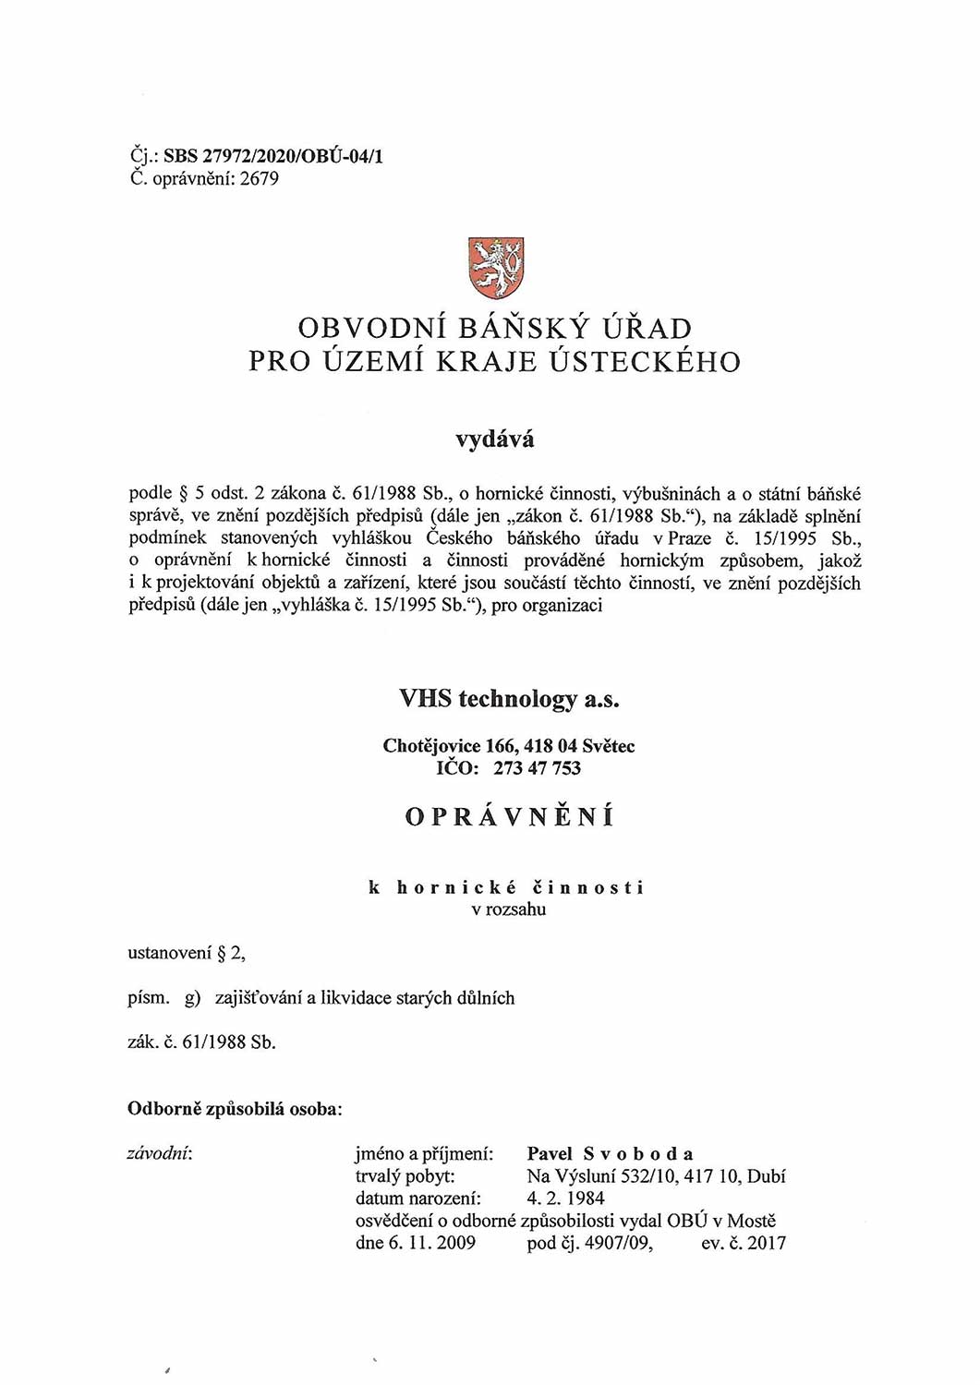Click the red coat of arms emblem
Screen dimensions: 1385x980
click(x=496, y=268)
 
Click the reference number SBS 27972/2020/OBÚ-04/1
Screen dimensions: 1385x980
click(x=273, y=156)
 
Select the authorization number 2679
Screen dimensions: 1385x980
click(x=259, y=178)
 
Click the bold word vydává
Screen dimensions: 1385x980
click(x=494, y=440)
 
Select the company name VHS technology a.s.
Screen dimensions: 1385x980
click(x=509, y=699)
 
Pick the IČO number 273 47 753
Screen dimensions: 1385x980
click(x=537, y=768)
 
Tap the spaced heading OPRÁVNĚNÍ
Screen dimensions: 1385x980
click(x=509, y=817)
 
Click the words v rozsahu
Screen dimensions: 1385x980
click(x=508, y=909)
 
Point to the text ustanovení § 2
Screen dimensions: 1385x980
click(x=186, y=953)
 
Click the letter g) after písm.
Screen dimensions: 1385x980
click(x=192, y=998)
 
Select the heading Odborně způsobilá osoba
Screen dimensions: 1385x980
click(x=235, y=1109)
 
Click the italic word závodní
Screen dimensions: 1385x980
click(x=160, y=1153)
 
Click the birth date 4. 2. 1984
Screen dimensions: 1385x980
click(x=565, y=1198)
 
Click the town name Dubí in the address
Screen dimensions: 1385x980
click(x=766, y=1176)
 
